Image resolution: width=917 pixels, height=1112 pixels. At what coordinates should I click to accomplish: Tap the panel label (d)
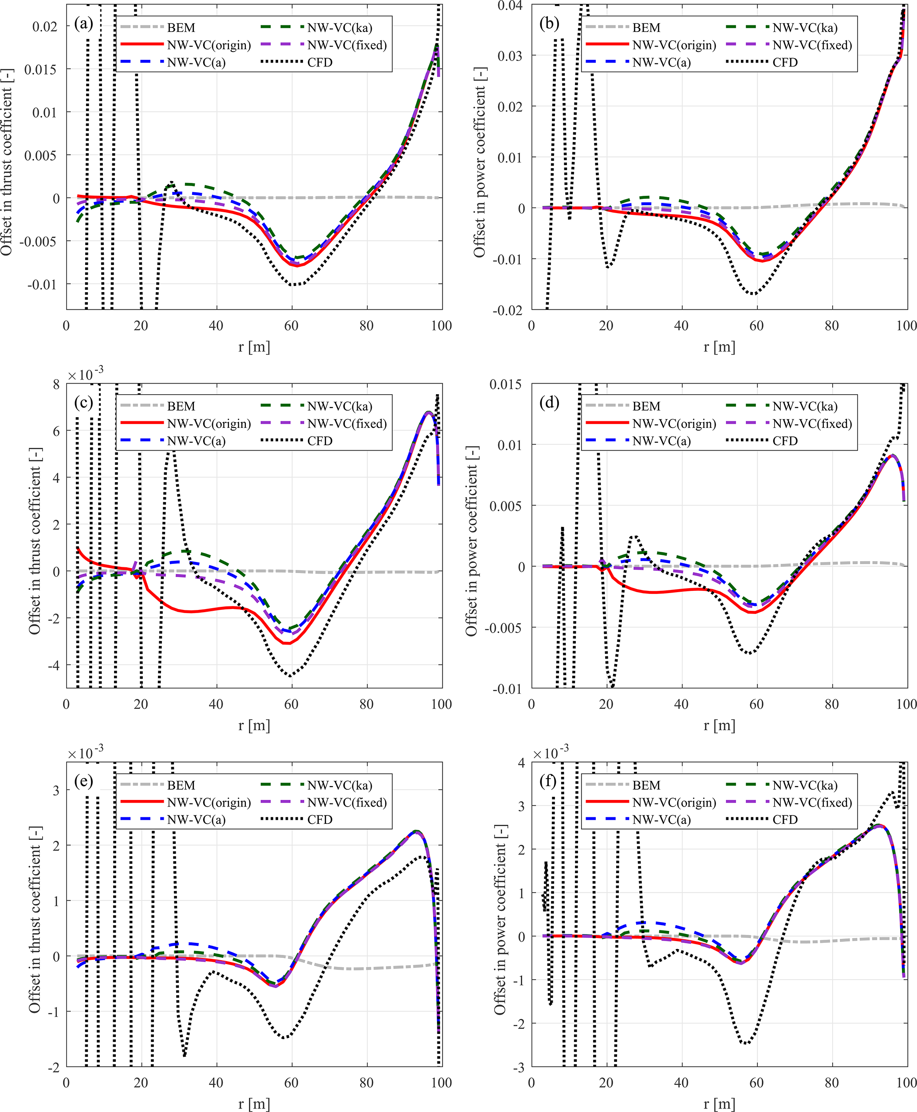549,402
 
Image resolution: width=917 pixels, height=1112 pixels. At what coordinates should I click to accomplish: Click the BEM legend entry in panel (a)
181,28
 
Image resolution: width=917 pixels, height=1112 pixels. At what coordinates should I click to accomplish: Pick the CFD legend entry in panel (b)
785,62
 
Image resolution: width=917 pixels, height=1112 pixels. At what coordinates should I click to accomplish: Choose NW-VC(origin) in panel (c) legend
209,424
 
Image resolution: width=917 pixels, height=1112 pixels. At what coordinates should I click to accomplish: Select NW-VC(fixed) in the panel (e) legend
347,802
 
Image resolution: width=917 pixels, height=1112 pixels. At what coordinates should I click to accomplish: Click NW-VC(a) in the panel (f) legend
661,820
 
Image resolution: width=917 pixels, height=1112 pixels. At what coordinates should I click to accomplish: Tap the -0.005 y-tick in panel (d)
504,628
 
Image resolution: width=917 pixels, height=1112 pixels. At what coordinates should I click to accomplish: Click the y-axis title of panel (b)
479,163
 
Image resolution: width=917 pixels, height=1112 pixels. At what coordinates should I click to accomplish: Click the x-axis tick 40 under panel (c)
216,704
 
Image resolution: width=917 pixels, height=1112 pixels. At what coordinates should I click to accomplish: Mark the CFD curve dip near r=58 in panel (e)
285,1037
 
